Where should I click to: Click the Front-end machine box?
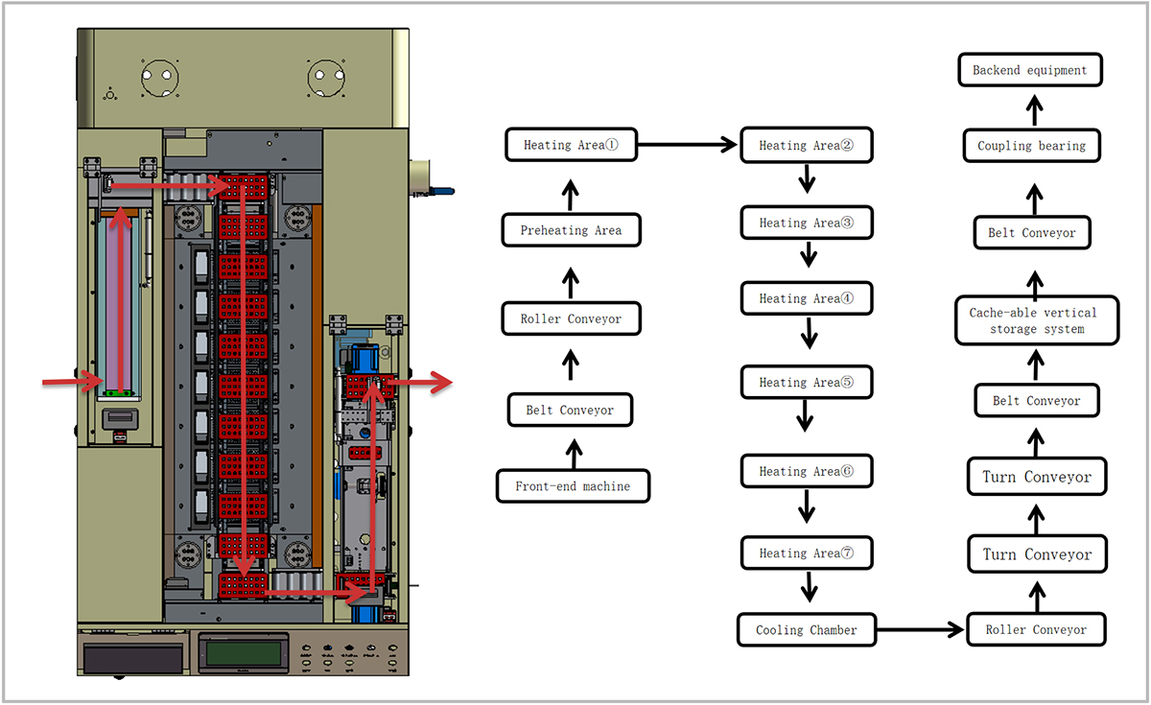pyautogui.click(x=573, y=486)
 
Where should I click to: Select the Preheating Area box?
pyautogui.click(x=571, y=230)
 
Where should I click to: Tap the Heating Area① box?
pyautogui.click(x=571, y=146)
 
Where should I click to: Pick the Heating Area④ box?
pyautogui.click(x=806, y=298)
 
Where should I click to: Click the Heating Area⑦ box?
pyautogui.click(x=806, y=553)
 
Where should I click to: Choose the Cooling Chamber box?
pyautogui.click(x=806, y=630)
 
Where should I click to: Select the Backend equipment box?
pyautogui.click(x=1029, y=70)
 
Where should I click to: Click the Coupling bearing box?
pyautogui.click(x=1031, y=146)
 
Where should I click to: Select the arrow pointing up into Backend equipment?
pyautogui.click(x=1033, y=107)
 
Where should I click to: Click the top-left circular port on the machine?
pyautogui.click(x=160, y=78)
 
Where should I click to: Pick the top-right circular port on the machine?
pyautogui.click(x=326, y=78)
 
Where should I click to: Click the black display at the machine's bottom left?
pyautogui.click(x=133, y=658)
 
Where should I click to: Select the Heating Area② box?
pyautogui.click(x=806, y=146)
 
